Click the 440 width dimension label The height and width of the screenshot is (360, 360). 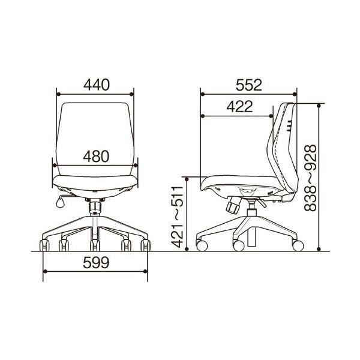[x=97, y=85]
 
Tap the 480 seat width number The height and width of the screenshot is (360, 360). [x=96, y=157]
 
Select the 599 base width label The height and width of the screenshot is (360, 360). [x=96, y=262]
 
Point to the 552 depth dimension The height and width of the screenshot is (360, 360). [x=249, y=85]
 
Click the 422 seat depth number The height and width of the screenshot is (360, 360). [x=239, y=107]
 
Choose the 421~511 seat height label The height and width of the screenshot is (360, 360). [x=178, y=217]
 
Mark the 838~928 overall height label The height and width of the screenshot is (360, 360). [x=310, y=178]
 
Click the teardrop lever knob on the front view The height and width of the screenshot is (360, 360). [x=61, y=203]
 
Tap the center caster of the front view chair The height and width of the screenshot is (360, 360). [x=95, y=245]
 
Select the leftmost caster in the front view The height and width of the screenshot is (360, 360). [x=44, y=245]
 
